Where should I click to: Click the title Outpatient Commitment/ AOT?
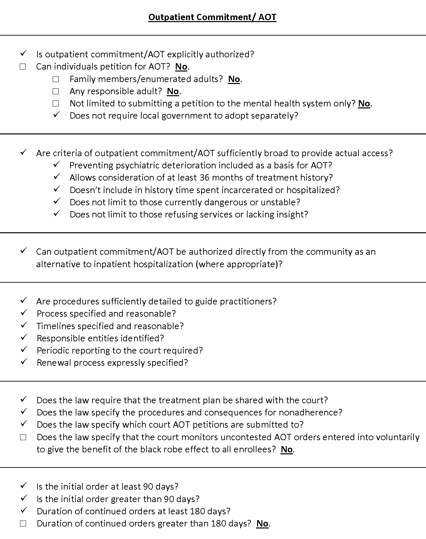pyautogui.click(x=212, y=17)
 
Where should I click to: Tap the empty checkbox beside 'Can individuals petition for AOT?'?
pyautogui.click(x=23, y=67)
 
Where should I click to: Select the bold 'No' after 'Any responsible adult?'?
pyautogui.click(x=173, y=91)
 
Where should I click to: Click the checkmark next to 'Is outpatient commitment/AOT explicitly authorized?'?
pyautogui.click(x=23, y=53)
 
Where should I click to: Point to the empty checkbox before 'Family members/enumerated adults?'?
pyautogui.click(x=56, y=79)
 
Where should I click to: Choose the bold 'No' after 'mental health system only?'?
pyautogui.click(x=364, y=103)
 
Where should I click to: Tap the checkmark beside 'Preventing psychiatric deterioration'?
pyautogui.click(x=56, y=164)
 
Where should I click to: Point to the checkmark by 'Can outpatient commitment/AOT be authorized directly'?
pyautogui.click(x=23, y=251)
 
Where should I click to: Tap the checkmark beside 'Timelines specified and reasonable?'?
pyautogui.click(x=23, y=325)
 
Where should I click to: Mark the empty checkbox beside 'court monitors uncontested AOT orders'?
pyautogui.click(x=23, y=438)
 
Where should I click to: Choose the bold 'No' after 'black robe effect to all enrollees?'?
pyautogui.click(x=287, y=450)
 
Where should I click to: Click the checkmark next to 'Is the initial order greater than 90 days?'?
pyautogui.click(x=23, y=498)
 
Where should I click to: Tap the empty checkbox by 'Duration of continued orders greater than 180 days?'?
pyautogui.click(x=23, y=524)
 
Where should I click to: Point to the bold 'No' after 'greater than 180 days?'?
pyautogui.click(x=262, y=524)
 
